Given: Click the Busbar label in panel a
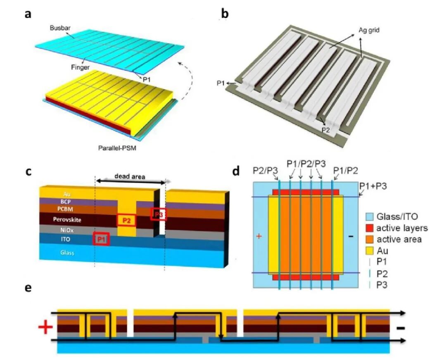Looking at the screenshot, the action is tap(60, 28).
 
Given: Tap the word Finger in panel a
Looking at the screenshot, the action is tap(80, 67).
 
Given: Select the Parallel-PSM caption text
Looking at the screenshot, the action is tap(117, 148).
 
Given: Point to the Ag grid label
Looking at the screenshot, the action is tap(369, 30).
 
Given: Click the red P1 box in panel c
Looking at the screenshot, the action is tap(101, 239).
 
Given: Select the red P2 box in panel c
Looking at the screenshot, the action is tap(126, 220).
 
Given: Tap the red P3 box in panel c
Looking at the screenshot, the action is tap(159, 214).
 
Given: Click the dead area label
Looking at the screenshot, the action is tap(130, 176).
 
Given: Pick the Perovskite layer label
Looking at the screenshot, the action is tap(67, 220).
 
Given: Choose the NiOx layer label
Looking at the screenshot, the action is tap(67, 230).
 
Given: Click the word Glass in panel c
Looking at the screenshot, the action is tap(67, 253).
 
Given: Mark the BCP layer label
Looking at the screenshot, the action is tap(66, 201).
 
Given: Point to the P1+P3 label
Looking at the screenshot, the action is tap(373, 186).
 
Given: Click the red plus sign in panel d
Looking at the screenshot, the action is tap(259, 236).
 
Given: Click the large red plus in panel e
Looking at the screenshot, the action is tap(45, 328).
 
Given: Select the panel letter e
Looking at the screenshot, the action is tap(28, 288).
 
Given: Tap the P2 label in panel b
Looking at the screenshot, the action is tap(326, 130).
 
